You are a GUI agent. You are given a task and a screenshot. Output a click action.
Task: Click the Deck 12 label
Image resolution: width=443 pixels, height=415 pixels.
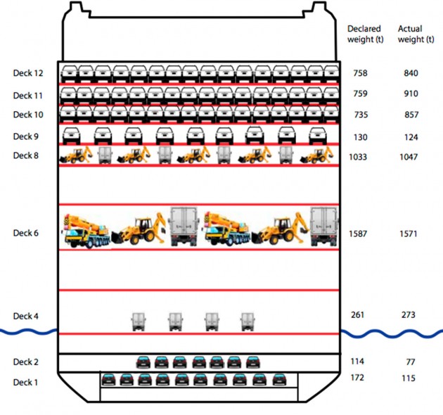(28, 73)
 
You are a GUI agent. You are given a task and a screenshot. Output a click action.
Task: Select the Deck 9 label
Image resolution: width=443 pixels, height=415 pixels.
(26, 136)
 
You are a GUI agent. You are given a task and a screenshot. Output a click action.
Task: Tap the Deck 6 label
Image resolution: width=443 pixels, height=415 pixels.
(26, 233)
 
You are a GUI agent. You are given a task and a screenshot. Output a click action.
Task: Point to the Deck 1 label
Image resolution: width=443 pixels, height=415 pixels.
(26, 382)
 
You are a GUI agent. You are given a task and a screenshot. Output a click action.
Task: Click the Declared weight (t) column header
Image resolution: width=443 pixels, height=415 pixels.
(364, 34)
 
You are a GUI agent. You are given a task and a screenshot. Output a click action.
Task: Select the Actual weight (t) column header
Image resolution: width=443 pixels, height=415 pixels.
(415, 34)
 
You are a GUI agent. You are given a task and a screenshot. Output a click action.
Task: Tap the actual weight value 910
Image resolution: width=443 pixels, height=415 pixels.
(410, 94)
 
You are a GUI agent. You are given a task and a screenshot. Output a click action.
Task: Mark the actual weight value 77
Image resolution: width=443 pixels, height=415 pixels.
(410, 362)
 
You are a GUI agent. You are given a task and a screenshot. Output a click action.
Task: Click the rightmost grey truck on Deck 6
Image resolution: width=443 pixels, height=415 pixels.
(325, 226)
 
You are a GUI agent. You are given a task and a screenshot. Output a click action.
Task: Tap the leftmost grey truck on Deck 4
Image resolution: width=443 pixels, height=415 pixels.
(138, 322)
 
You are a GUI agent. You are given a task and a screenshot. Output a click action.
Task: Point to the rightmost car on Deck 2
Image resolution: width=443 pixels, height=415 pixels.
(252, 362)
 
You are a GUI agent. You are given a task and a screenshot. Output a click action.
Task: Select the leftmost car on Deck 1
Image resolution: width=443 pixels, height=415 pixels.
(108, 380)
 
